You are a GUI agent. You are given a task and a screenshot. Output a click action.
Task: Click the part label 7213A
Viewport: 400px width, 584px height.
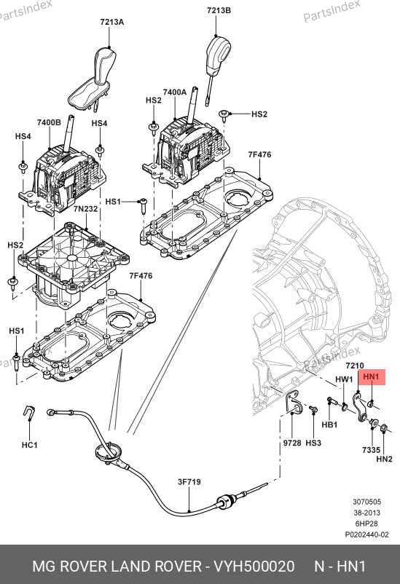(x=111, y=22)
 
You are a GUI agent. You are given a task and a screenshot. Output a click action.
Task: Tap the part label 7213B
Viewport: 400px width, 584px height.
(x=219, y=10)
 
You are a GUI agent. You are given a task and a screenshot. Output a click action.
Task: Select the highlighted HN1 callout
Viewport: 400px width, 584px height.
(x=372, y=377)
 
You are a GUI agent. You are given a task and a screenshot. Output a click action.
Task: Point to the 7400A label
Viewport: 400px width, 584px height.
(x=174, y=92)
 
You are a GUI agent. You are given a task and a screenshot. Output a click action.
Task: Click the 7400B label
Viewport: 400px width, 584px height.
(x=49, y=122)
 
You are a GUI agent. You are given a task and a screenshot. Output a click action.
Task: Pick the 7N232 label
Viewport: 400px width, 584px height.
(x=85, y=209)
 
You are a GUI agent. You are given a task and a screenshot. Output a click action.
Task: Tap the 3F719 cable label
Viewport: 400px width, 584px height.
(x=189, y=482)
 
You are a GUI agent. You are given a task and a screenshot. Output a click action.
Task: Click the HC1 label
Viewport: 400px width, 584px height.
(x=29, y=445)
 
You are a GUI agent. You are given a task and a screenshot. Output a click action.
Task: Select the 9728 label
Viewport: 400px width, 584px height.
(x=292, y=443)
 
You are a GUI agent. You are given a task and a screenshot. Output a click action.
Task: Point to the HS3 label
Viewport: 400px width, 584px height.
(x=313, y=443)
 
